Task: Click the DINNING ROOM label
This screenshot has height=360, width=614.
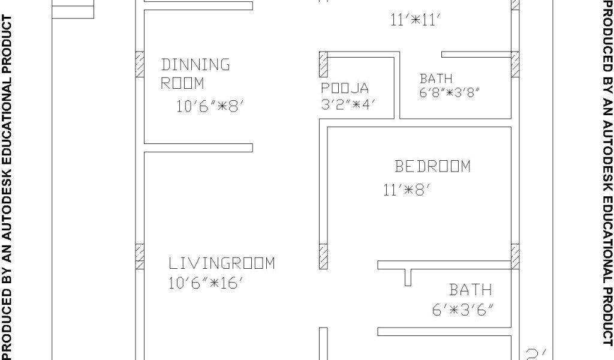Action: click(195, 73)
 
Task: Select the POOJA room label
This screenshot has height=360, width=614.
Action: click(345, 89)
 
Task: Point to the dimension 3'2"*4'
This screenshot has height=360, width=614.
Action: click(348, 103)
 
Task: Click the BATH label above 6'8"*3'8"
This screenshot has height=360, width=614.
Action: click(436, 79)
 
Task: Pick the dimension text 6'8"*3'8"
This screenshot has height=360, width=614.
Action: click(450, 93)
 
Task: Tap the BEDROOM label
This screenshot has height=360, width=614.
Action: click(432, 166)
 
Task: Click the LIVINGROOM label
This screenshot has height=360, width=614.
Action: click(221, 263)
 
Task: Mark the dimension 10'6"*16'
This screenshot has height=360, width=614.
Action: click(205, 283)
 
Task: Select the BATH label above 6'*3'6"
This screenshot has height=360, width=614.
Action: click(471, 290)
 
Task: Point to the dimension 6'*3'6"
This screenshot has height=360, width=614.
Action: click(466, 310)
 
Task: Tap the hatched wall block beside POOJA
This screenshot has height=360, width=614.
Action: click(323, 64)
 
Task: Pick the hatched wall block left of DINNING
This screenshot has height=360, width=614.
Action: click(140, 64)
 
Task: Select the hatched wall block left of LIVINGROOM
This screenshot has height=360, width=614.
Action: click(140, 256)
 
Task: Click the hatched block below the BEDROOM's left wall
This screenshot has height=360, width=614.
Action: click(323, 256)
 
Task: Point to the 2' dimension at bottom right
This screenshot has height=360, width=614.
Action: click(533, 353)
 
